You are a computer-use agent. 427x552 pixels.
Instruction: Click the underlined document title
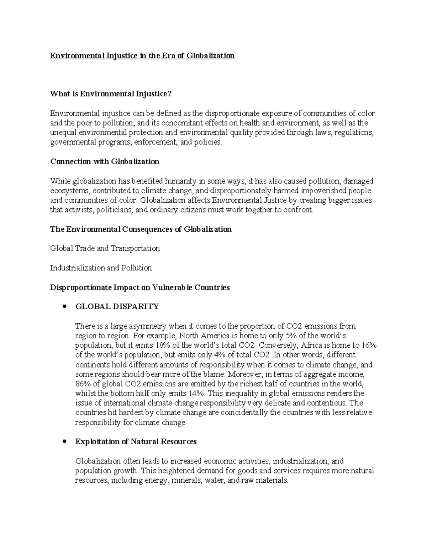click(142, 56)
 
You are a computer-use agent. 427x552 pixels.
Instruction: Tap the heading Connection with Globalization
click(105, 162)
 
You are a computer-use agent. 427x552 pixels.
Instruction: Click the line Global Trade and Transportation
click(105, 248)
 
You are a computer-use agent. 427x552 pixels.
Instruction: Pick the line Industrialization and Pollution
click(101, 268)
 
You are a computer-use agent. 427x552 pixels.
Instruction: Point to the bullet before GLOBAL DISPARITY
click(64, 306)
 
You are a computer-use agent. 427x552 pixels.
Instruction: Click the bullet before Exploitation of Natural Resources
click(64, 441)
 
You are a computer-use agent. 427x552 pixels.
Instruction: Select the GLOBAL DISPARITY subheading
click(117, 307)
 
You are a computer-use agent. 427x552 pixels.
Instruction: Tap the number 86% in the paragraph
click(82, 384)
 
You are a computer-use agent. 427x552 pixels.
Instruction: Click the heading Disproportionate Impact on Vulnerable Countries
click(140, 288)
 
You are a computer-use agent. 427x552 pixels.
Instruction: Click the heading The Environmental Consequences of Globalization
click(141, 229)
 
